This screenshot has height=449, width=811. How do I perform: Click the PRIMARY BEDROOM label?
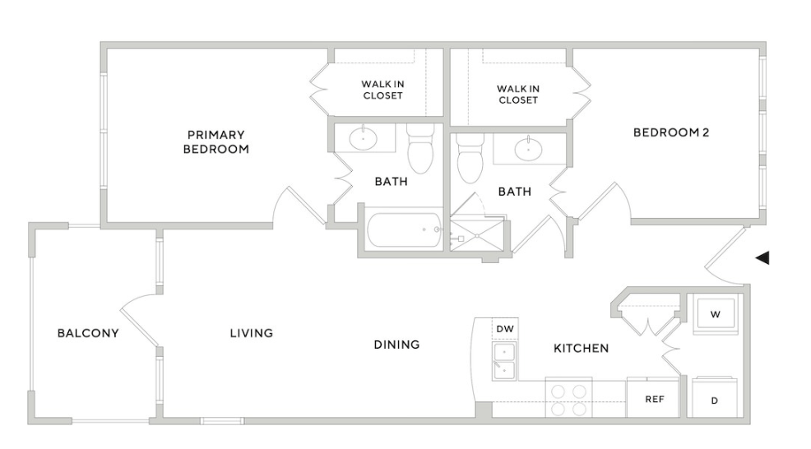tap(215, 141)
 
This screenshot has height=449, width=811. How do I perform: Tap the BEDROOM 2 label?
tap(670, 132)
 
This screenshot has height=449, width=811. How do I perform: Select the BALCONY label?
tap(88, 333)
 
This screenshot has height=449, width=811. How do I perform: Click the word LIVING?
tap(251, 333)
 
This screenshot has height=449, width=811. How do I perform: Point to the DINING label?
tap(396, 344)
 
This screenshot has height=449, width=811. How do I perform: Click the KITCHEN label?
tap(581, 348)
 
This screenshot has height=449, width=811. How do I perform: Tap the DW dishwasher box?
tap(505, 329)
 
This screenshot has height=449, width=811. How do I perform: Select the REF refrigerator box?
tap(653, 399)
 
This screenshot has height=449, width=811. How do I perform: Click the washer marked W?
tap(715, 313)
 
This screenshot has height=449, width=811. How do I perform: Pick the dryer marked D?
tap(715, 400)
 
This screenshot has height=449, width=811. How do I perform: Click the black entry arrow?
tap(762, 258)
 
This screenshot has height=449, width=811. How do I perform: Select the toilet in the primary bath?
tap(420, 150)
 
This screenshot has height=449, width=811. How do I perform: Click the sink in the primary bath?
tap(363, 138)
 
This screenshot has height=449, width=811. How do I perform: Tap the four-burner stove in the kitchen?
tap(569, 399)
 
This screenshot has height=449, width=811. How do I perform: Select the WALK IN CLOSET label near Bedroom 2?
tap(518, 94)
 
